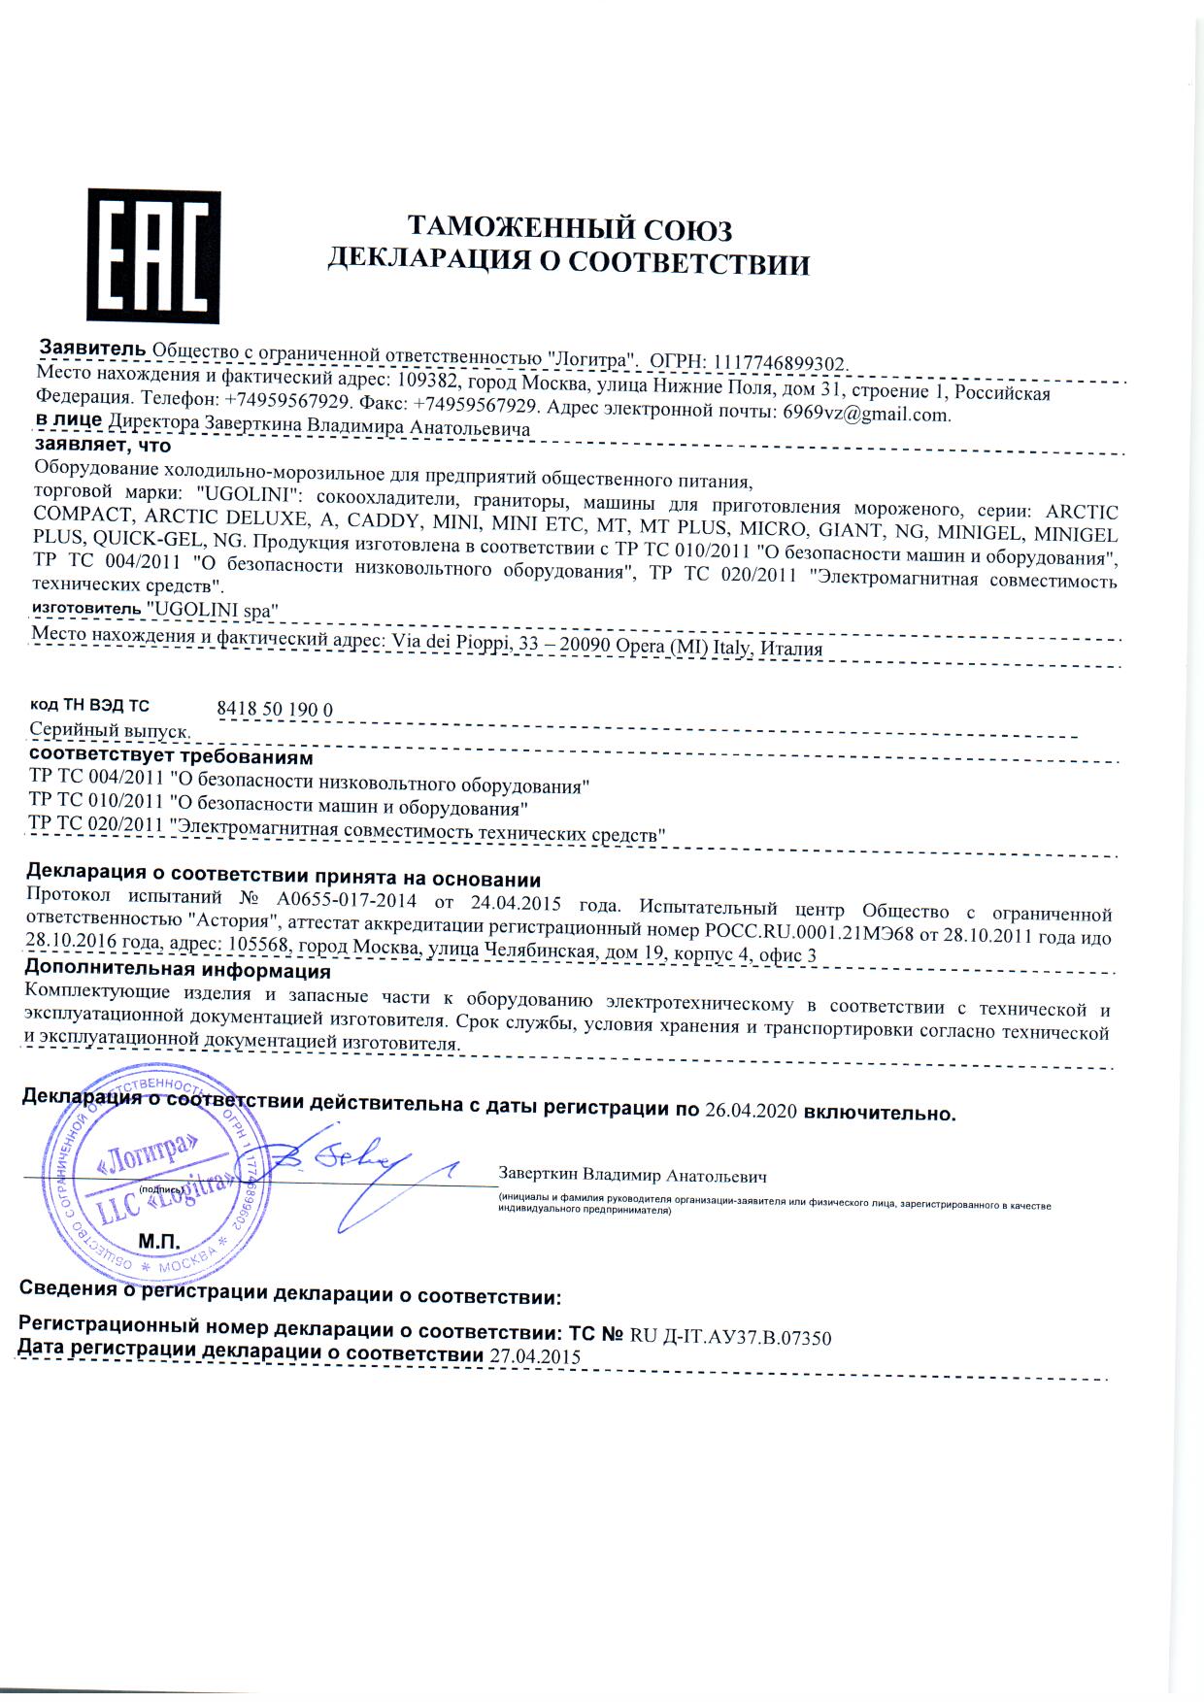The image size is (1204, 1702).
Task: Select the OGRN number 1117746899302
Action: click(782, 362)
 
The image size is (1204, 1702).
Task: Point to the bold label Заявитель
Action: click(93, 349)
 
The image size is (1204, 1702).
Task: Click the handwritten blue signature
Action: click(369, 1170)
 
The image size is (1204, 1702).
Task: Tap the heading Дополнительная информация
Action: click(178, 971)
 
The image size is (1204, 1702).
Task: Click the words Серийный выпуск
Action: click(109, 730)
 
